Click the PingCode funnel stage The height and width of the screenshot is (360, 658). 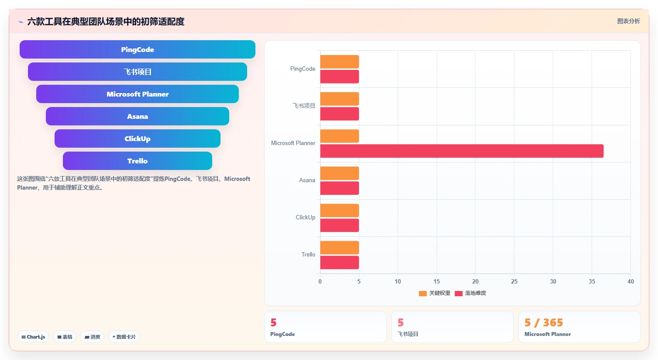(138, 49)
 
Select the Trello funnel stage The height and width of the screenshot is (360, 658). (138, 161)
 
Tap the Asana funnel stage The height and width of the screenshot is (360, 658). (138, 116)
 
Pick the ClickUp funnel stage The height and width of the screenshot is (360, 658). (138, 138)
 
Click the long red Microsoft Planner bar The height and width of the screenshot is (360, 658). (462, 151)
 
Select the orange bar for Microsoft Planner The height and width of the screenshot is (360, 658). (340, 136)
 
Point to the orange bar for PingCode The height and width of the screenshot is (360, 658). (340, 62)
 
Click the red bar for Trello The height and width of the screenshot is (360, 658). (340, 263)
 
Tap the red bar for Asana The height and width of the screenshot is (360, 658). (340, 188)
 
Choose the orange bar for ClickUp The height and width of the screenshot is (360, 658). (340, 211)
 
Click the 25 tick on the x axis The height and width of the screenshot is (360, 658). (514, 281)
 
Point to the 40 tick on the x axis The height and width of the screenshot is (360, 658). (630, 281)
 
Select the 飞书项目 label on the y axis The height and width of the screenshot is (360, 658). (304, 105)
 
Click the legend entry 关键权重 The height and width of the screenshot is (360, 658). (435, 293)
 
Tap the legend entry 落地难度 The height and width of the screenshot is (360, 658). (471, 293)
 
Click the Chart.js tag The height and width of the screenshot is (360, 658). (33, 337)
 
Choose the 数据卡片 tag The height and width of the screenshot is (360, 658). (124, 337)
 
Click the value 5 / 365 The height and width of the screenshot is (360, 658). (544, 322)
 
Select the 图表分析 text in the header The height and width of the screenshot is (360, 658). (628, 21)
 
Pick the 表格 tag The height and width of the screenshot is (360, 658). (65, 337)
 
